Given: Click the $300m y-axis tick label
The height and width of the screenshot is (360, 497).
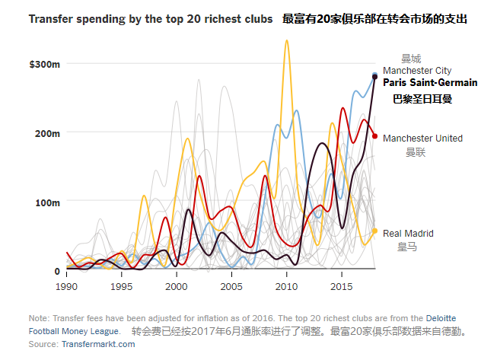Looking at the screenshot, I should (45, 64).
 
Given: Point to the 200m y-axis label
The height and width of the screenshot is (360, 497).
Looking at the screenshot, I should (48, 133).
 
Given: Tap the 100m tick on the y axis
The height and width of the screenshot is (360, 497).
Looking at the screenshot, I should (48, 202).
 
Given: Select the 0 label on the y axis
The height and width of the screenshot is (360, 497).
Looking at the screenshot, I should (57, 270).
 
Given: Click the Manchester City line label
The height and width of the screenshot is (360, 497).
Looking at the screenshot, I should (417, 71).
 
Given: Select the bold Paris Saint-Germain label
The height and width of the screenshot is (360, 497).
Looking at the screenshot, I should (430, 83).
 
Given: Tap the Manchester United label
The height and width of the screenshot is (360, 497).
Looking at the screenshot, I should (422, 139).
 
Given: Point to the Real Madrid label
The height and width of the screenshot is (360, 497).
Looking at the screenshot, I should (408, 234).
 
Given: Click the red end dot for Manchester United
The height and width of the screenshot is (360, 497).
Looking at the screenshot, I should (374, 136).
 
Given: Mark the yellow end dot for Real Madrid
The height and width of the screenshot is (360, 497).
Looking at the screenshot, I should (374, 231).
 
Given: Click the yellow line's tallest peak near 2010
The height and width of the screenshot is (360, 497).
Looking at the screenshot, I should (287, 40).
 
